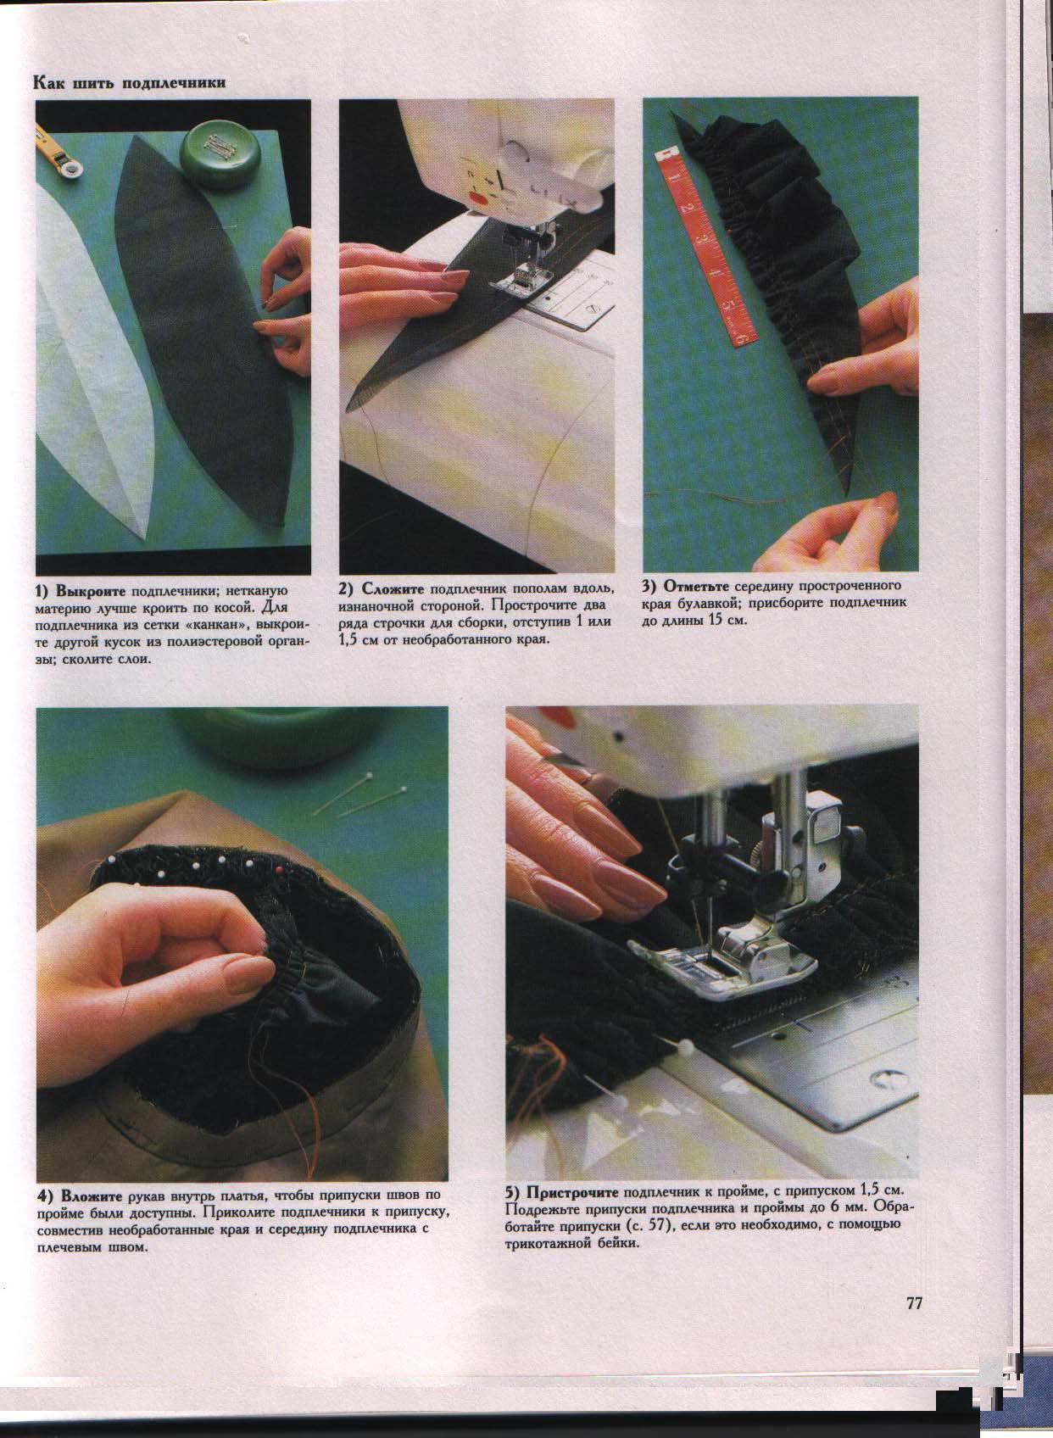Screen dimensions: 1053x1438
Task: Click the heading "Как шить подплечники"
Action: (x=129, y=83)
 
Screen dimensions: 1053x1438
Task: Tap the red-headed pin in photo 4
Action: (x=280, y=869)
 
